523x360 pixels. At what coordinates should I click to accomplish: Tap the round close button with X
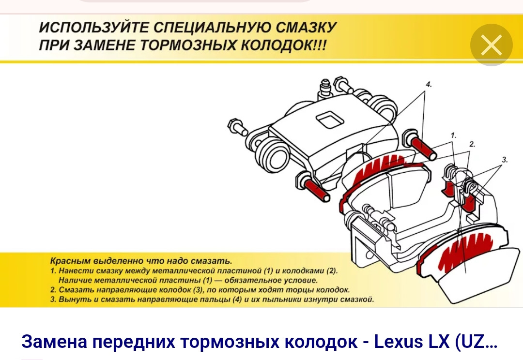click(x=492, y=45)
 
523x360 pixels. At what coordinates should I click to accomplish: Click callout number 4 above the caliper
click(x=429, y=84)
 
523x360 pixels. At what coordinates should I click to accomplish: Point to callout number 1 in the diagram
click(x=453, y=135)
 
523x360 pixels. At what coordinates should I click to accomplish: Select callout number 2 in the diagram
click(x=472, y=144)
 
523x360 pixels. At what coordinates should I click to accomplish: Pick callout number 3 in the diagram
click(x=505, y=160)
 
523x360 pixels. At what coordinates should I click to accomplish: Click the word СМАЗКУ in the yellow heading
click(x=306, y=27)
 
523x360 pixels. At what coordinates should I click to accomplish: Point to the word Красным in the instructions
click(x=70, y=261)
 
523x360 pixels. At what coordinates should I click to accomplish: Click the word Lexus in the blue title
click(x=396, y=341)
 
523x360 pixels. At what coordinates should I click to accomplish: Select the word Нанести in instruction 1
click(x=72, y=270)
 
